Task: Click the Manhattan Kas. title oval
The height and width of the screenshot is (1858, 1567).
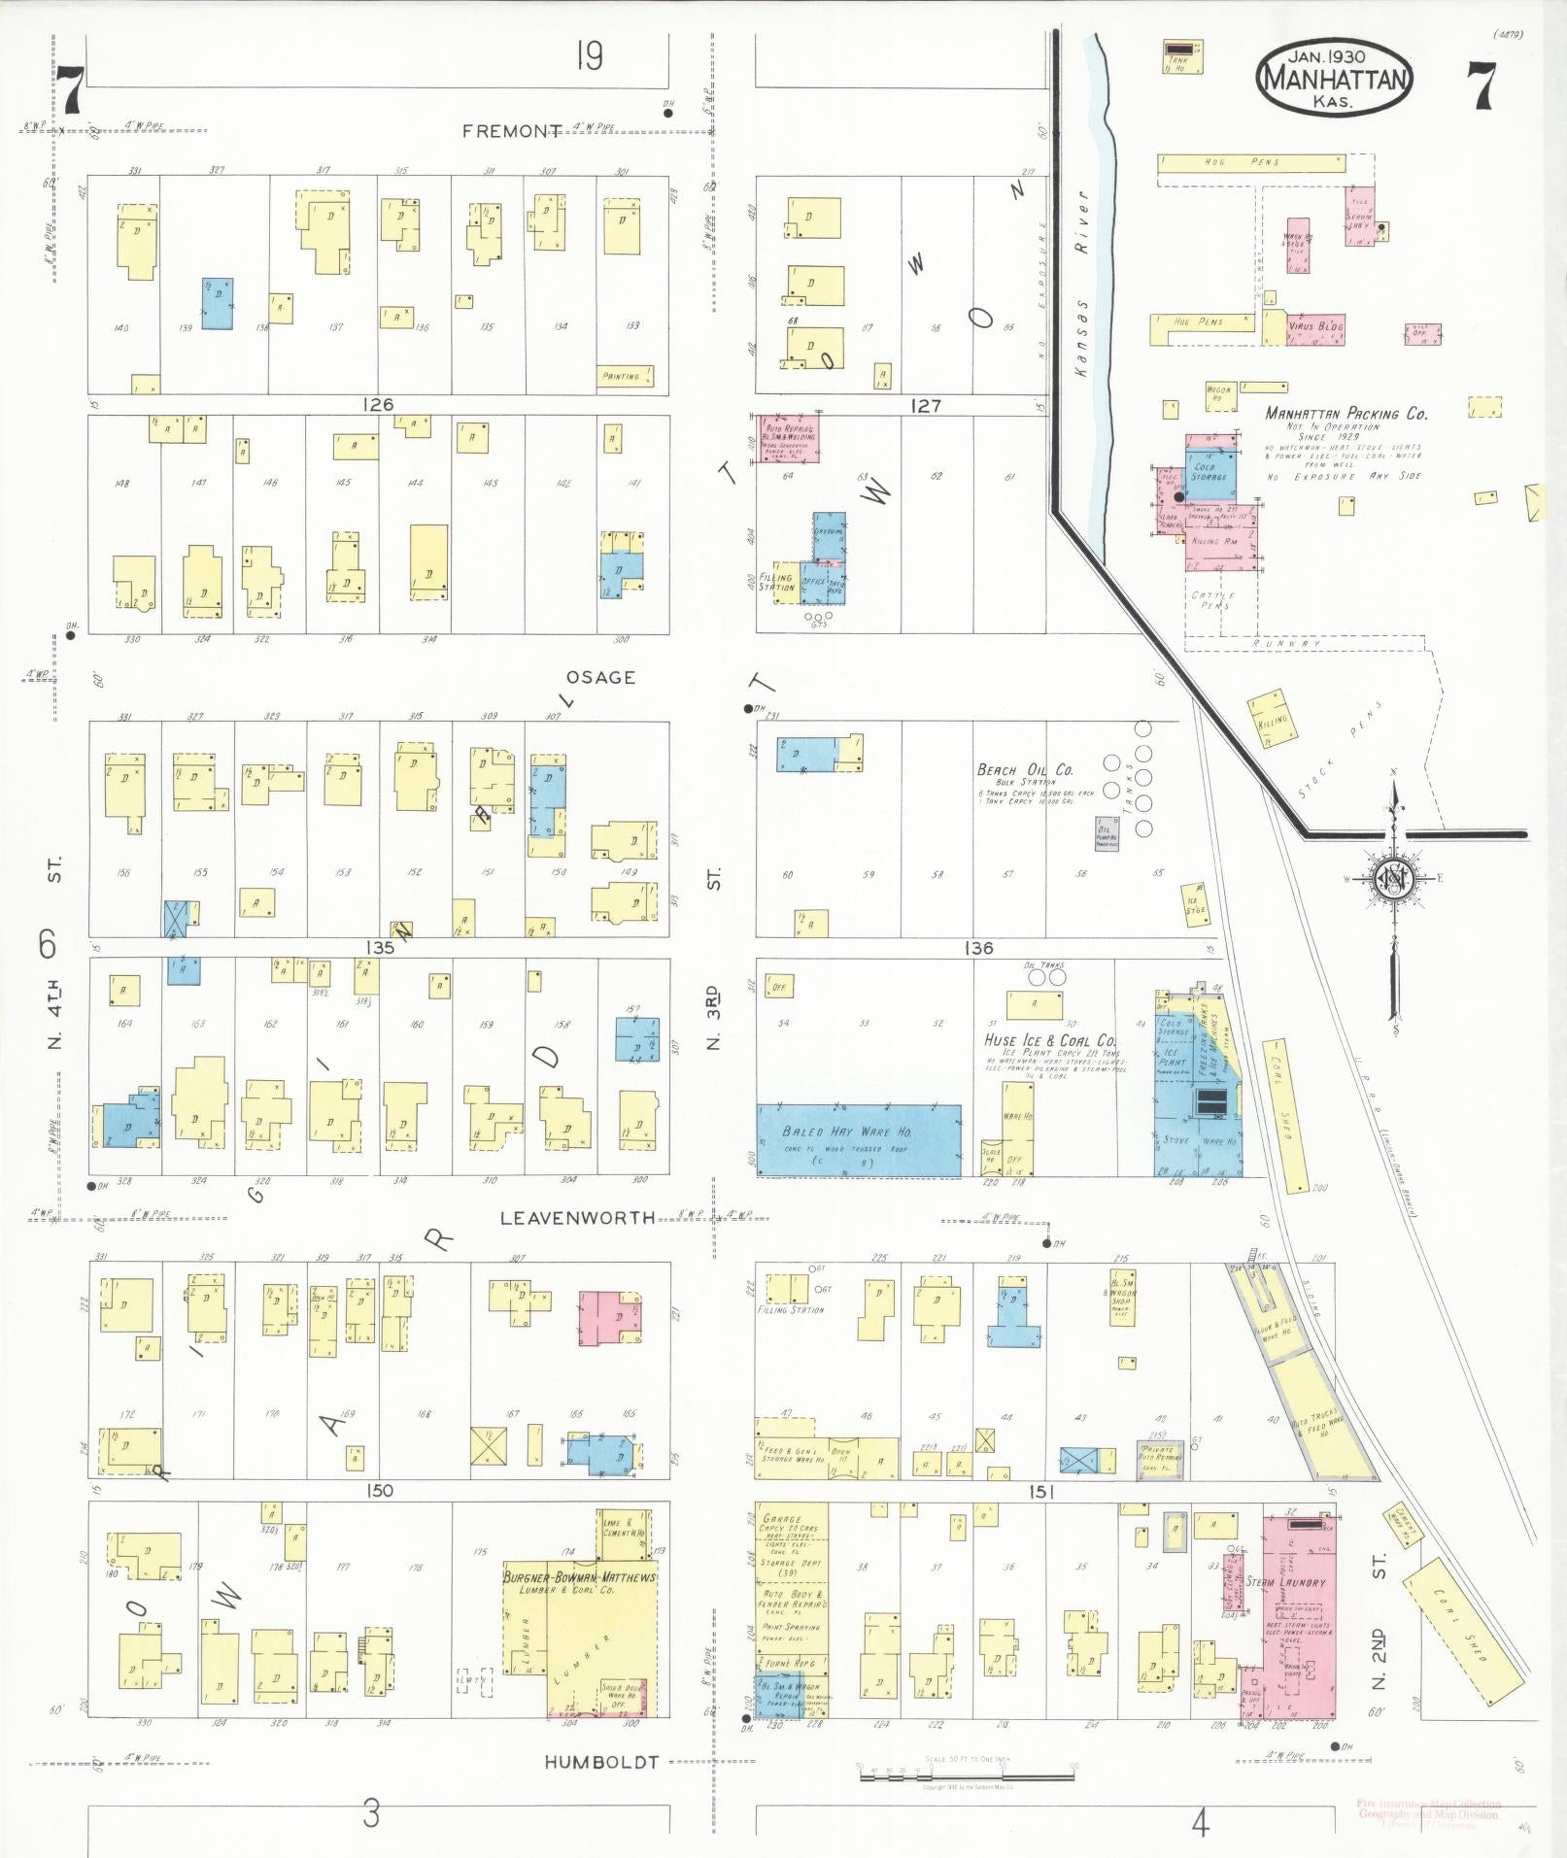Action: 1334,78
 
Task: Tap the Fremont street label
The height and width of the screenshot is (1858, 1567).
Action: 512,131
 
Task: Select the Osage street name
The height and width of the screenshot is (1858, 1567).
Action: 601,677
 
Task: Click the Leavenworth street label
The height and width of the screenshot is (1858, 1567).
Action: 577,1217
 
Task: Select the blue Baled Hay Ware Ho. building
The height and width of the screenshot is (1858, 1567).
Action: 859,1140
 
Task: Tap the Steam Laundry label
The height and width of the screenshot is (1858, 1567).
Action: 1285,1582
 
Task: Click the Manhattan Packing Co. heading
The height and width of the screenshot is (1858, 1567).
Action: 1346,414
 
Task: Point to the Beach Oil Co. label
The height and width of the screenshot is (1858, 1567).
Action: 1024,769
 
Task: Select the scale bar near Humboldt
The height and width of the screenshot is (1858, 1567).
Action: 967,1774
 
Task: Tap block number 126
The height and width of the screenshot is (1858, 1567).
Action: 377,404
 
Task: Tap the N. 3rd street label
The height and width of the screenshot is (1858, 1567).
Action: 713,1018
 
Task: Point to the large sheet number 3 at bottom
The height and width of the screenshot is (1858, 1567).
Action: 371,1813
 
